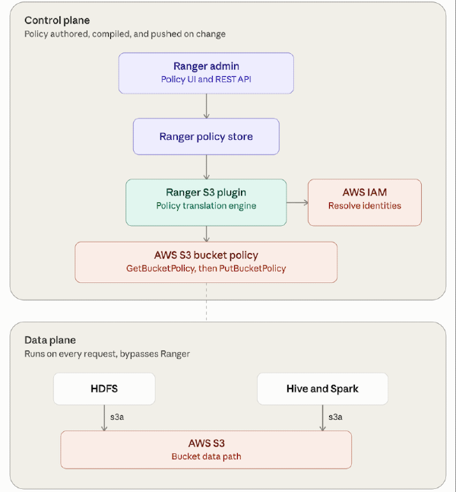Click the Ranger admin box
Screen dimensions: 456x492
click(206, 73)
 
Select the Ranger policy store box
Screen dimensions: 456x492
click(206, 136)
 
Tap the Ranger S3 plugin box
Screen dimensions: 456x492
click(206, 202)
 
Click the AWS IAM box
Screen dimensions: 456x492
click(365, 202)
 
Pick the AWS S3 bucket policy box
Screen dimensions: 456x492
click(206, 262)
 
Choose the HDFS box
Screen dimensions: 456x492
click(104, 389)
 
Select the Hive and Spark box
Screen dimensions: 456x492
click(322, 389)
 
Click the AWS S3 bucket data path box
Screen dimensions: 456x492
click(206, 449)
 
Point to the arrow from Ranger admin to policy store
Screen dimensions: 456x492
click(207, 106)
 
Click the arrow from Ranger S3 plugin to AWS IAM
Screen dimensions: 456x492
click(297, 203)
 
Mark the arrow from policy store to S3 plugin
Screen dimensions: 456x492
click(207, 167)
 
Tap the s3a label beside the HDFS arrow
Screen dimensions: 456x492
click(117, 417)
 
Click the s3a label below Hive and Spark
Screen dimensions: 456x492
click(335, 417)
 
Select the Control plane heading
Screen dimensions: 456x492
click(57, 21)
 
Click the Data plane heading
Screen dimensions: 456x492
click(50, 340)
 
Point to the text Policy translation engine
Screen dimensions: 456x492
click(206, 206)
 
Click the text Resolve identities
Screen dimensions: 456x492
click(365, 206)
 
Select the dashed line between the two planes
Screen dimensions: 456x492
click(207, 302)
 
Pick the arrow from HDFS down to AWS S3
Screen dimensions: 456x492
click(104, 418)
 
